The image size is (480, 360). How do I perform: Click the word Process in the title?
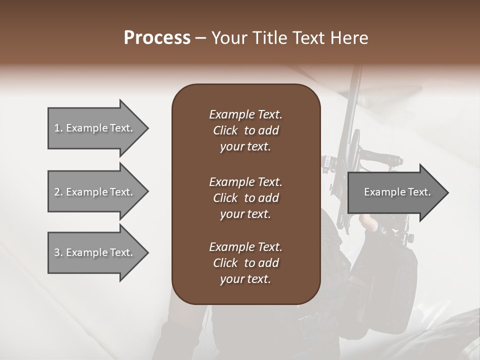[x=157, y=38]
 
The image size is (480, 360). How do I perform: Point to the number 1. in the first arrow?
[x=58, y=128]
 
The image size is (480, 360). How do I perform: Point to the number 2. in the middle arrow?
[x=58, y=192]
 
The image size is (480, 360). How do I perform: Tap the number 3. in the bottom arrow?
[x=58, y=252]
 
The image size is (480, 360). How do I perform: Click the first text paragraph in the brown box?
[x=245, y=130]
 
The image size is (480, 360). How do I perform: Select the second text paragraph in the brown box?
[x=245, y=198]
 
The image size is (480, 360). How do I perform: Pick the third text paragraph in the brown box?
[x=245, y=263]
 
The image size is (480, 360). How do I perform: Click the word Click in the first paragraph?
[x=225, y=130]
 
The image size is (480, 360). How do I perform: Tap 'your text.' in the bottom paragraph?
[x=245, y=279]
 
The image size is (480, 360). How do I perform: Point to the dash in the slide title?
[x=201, y=38]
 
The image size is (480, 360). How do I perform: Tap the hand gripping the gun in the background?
[x=371, y=223]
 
